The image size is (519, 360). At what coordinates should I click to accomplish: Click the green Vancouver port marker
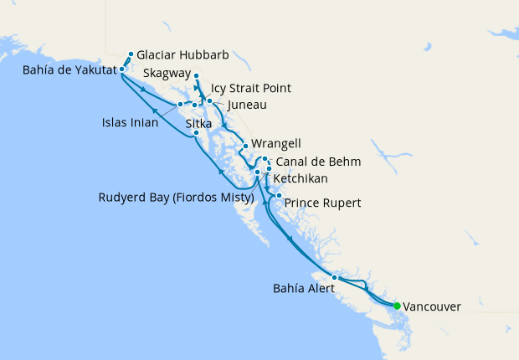(x=397, y=306)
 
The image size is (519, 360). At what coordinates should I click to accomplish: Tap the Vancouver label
(x=431, y=307)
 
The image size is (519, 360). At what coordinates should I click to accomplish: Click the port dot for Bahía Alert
(x=334, y=277)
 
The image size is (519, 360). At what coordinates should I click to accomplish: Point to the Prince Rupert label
(x=323, y=203)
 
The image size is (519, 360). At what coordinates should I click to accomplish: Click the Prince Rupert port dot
(x=279, y=196)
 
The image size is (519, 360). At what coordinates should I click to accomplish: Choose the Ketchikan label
(x=301, y=179)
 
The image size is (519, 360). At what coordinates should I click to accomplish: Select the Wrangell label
(x=275, y=144)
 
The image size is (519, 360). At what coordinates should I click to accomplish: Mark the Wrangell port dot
(x=244, y=147)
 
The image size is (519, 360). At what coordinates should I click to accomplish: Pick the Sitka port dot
(x=195, y=133)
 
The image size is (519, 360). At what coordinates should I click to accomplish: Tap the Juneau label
(x=247, y=105)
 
